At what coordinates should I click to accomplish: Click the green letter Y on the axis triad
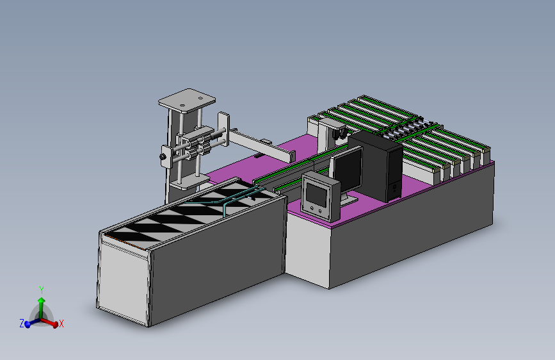point(42,290)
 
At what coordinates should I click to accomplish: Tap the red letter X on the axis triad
point(61,323)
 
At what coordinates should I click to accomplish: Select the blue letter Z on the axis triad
point(22,323)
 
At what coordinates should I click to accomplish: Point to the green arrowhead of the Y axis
point(42,300)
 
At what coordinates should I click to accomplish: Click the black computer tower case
point(376,165)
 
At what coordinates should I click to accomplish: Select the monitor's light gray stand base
point(348,201)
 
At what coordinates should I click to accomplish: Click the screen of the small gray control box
point(316,195)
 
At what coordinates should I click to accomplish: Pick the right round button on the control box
point(320,211)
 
